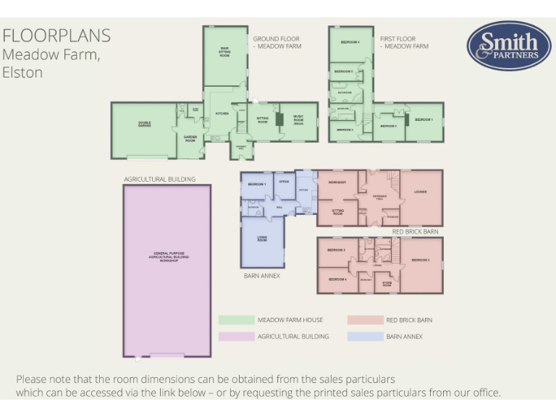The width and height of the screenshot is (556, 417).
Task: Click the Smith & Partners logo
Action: pyautogui.click(x=509, y=46)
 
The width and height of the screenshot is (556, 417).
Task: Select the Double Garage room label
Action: pyautogui.click(x=144, y=125)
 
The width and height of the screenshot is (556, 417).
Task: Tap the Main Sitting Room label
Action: pyautogui.click(x=224, y=52)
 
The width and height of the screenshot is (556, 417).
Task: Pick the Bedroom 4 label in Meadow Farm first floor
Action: pyautogui.click(x=350, y=42)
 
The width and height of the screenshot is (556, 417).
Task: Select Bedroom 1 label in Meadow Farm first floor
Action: pyautogui.click(x=424, y=119)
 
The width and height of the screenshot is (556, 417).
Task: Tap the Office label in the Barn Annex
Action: pyautogui.click(x=285, y=182)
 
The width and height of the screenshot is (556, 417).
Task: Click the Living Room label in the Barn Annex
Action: pyautogui.click(x=261, y=240)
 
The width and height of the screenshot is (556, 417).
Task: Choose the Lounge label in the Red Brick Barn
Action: pyautogui.click(x=421, y=192)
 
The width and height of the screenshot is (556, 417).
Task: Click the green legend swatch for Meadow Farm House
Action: pyautogui.click(x=236, y=320)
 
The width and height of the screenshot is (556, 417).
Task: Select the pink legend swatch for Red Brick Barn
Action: pyautogui.click(x=365, y=320)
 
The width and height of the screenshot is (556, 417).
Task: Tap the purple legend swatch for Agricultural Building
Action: pyautogui.click(x=236, y=336)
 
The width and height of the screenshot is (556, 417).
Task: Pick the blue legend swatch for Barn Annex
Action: pyautogui.click(x=365, y=336)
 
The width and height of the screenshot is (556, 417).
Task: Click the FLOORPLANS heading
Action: pyautogui.click(x=56, y=35)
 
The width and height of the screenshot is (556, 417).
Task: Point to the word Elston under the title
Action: pyautogui.click(x=22, y=72)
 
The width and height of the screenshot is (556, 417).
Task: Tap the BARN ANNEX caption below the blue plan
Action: pyautogui.click(x=261, y=276)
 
